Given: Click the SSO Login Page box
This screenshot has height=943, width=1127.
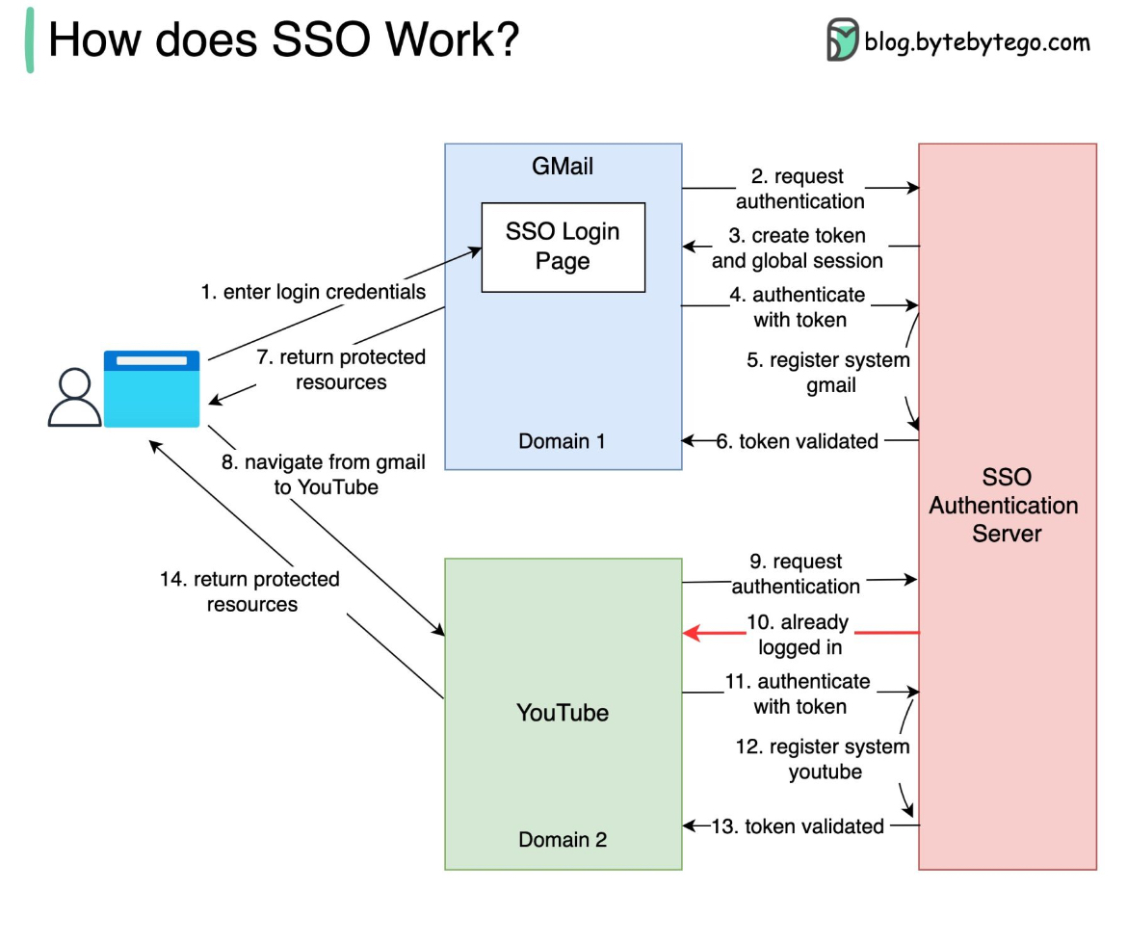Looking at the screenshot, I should coord(563,248).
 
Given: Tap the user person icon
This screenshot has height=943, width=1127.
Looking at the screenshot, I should coord(74,398).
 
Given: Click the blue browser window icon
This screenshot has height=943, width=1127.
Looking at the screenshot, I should coord(152,389).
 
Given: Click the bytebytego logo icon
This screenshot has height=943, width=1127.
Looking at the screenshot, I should coord(842,40).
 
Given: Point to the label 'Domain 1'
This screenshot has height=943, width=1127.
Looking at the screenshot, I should coord(563,441).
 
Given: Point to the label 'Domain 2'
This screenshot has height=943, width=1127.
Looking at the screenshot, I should coord(563,839).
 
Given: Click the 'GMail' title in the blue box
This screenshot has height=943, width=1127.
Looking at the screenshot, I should coord(563,167).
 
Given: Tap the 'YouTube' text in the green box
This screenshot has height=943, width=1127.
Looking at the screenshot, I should coord(563,713).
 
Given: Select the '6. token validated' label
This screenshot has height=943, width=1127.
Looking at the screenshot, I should coord(799,441).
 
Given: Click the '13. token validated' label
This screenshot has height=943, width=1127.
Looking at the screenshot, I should coord(798,825).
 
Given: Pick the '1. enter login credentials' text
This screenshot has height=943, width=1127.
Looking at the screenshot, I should coord(313,292).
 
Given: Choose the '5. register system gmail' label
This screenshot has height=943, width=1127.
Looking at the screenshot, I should coord(828,373).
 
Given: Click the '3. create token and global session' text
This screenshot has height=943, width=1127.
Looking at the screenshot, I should coord(798,248).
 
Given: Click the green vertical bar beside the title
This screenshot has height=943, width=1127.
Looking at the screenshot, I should coord(30,40).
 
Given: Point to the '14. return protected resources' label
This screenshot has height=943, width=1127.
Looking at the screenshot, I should coord(251,591).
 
